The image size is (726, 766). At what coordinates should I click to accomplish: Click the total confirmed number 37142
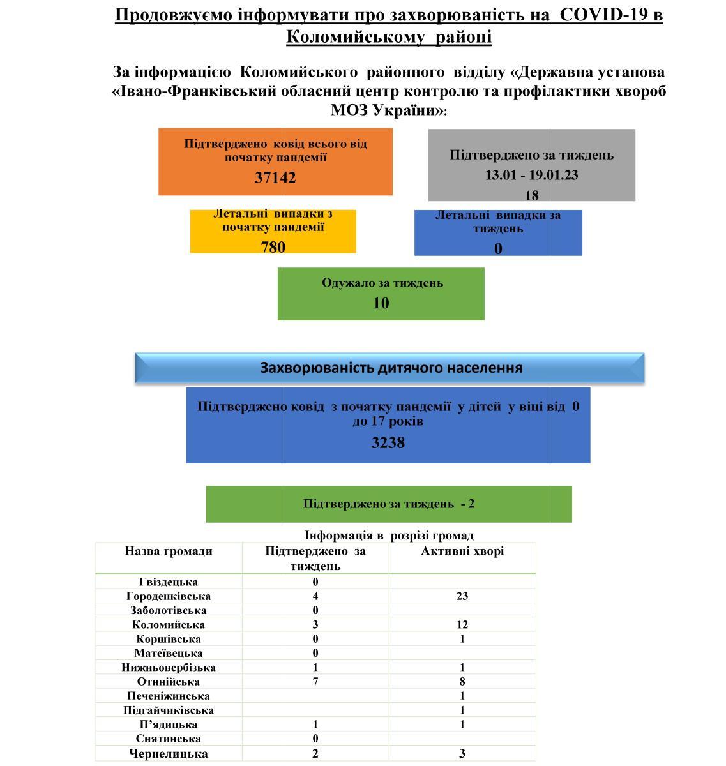point(275,177)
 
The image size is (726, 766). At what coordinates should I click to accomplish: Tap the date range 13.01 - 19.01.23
point(531,175)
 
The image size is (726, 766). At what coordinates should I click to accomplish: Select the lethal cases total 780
point(273,247)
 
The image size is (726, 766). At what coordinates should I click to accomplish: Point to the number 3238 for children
point(388,442)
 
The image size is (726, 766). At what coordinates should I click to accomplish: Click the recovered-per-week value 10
point(381,303)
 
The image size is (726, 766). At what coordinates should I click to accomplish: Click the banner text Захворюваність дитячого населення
point(391,368)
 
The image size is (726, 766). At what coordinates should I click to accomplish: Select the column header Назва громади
point(169,551)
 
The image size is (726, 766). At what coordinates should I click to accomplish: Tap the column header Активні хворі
point(462,551)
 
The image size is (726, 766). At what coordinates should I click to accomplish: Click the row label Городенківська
point(169,596)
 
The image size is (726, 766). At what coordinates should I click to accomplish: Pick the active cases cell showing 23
point(462,596)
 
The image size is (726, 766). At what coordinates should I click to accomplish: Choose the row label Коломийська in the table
point(169,625)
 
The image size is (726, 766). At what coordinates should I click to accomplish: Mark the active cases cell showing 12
point(462,625)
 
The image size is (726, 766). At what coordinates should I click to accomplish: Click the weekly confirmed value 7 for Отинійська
point(315,682)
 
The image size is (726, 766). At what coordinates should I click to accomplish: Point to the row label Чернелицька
point(169,754)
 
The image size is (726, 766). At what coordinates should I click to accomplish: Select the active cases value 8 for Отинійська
point(462,682)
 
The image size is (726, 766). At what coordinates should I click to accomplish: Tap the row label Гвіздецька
point(169,582)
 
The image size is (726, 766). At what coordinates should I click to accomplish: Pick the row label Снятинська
point(169,739)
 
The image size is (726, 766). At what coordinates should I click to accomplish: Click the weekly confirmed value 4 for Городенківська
point(315,596)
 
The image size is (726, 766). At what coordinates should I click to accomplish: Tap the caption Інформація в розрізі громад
point(389,536)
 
